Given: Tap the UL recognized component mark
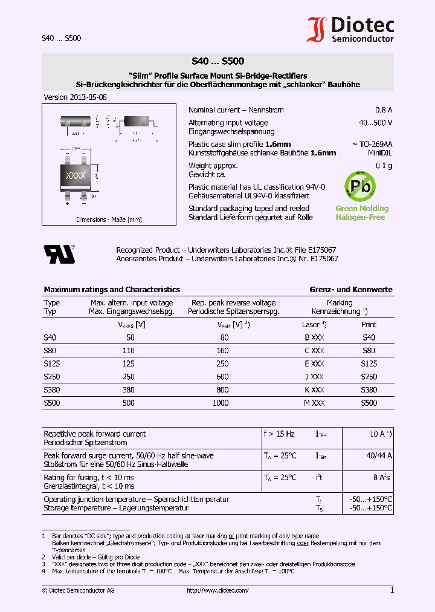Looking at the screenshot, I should pos(59,254).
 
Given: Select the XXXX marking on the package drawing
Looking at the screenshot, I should pos(76,175).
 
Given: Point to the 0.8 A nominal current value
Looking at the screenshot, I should pos(384,110).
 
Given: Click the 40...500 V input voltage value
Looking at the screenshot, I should pos(375,123).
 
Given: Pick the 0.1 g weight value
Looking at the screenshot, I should pos(384,166).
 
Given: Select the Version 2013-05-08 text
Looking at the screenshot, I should pos(76,97).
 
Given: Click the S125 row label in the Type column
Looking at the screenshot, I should pos(52,364).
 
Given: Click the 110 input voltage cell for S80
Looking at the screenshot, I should pos(128,351).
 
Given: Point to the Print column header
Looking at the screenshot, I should pos(369,325).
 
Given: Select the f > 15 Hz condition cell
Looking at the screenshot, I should pos(279,434).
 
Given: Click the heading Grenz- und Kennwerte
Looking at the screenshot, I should pos(350,290).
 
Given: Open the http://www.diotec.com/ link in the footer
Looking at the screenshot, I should pos(217,590).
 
